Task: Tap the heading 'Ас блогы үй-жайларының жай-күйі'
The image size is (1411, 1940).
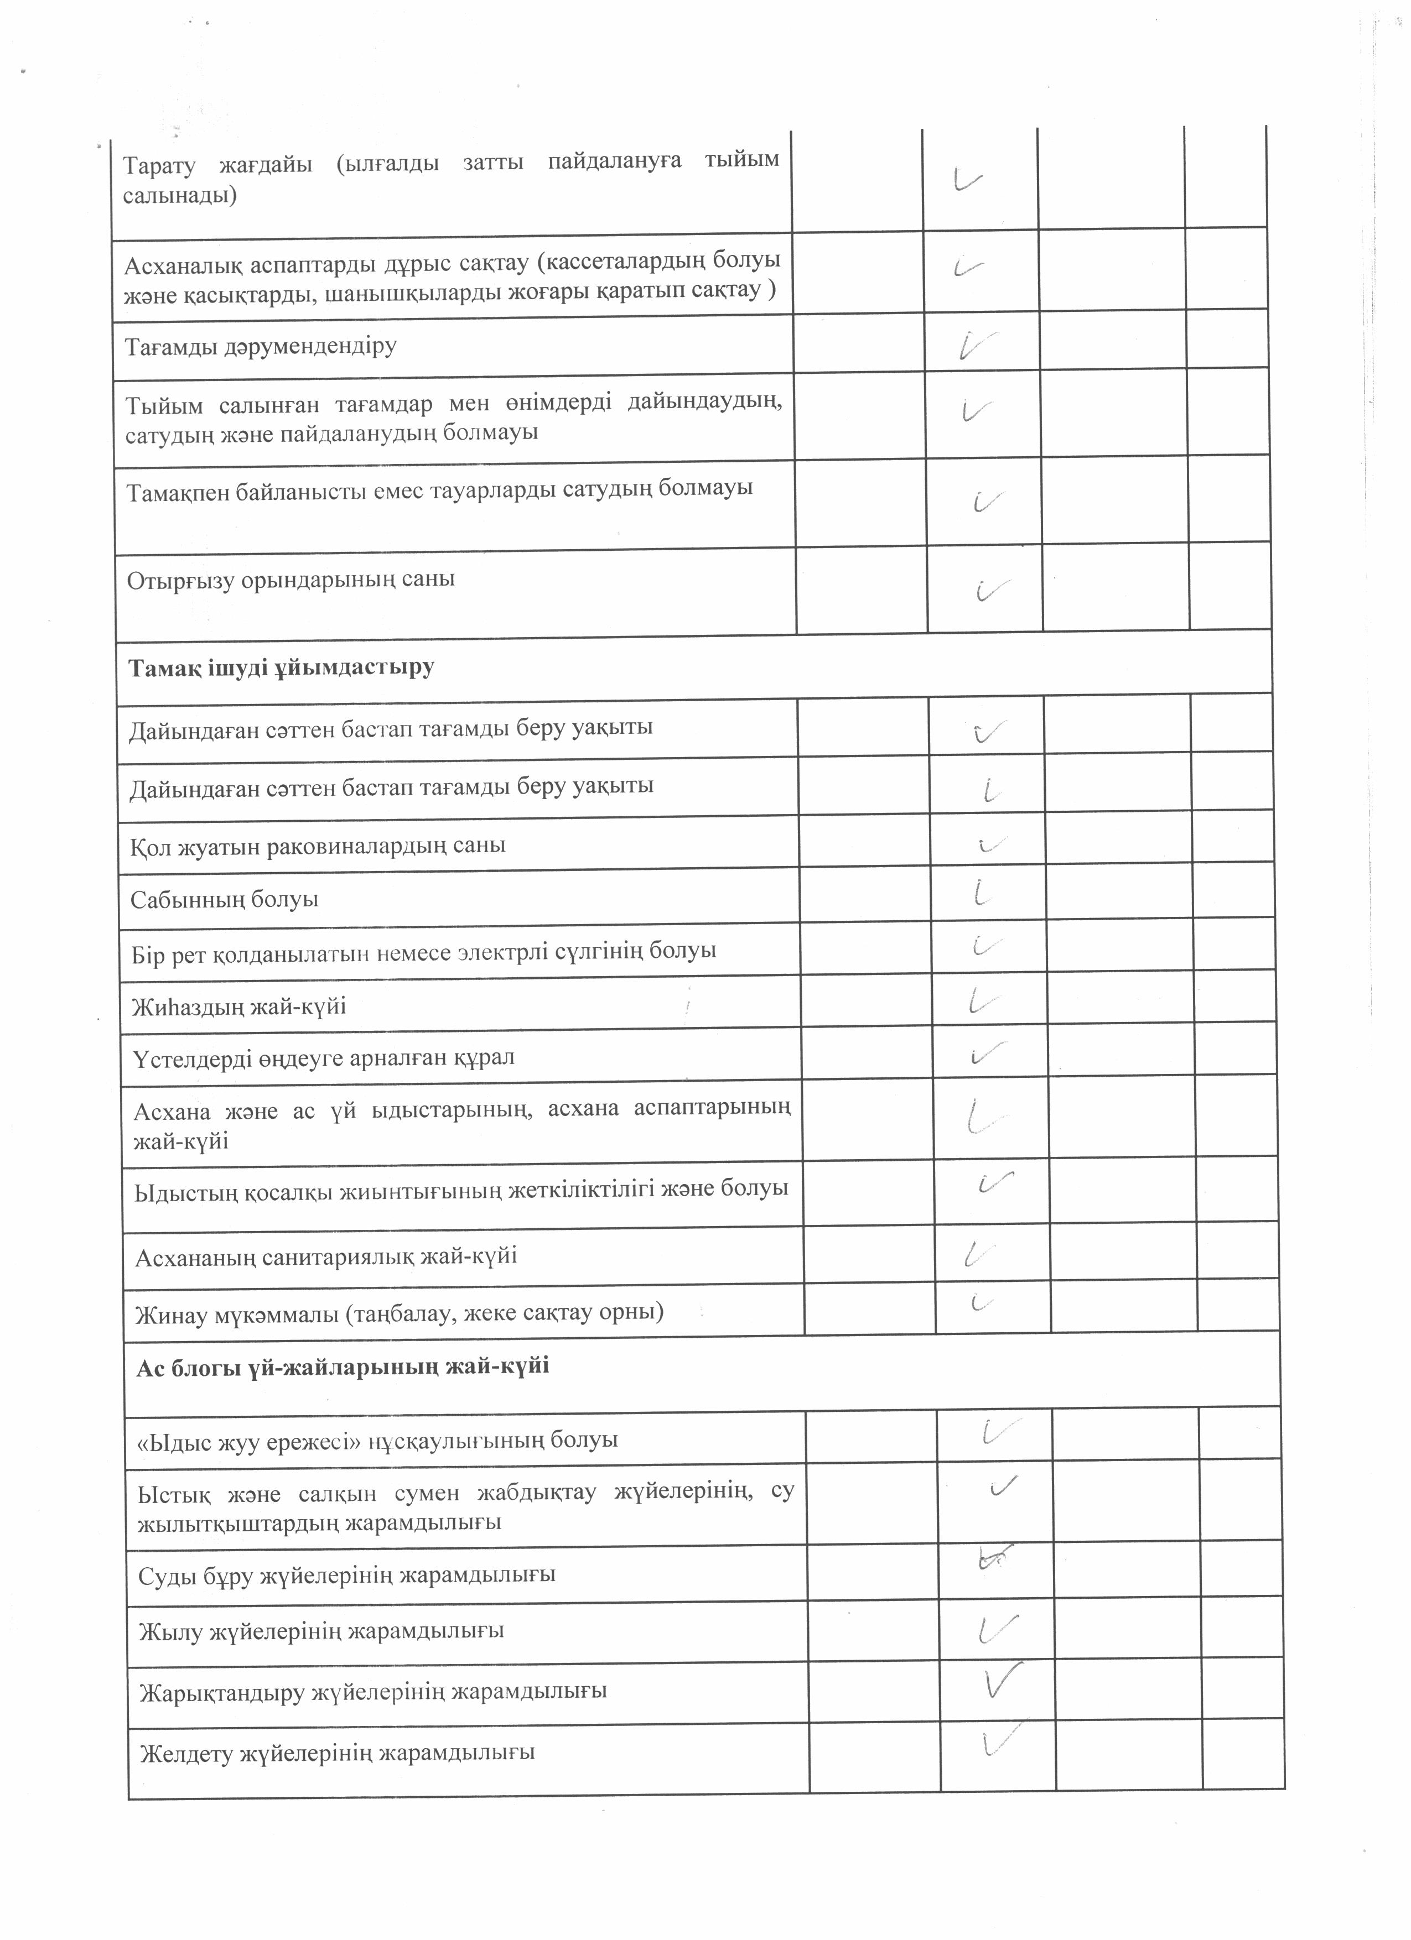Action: tap(343, 1366)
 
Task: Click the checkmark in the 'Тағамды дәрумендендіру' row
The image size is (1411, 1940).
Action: tap(977, 345)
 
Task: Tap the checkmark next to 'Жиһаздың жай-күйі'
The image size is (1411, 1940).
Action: tap(984, 999)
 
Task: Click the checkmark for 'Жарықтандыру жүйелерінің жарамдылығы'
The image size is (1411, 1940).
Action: tap(1003, 1680)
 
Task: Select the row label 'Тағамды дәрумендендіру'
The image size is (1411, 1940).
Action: tap(261, 346)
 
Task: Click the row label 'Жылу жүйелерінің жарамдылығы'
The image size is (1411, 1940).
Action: tap(321, 1631)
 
